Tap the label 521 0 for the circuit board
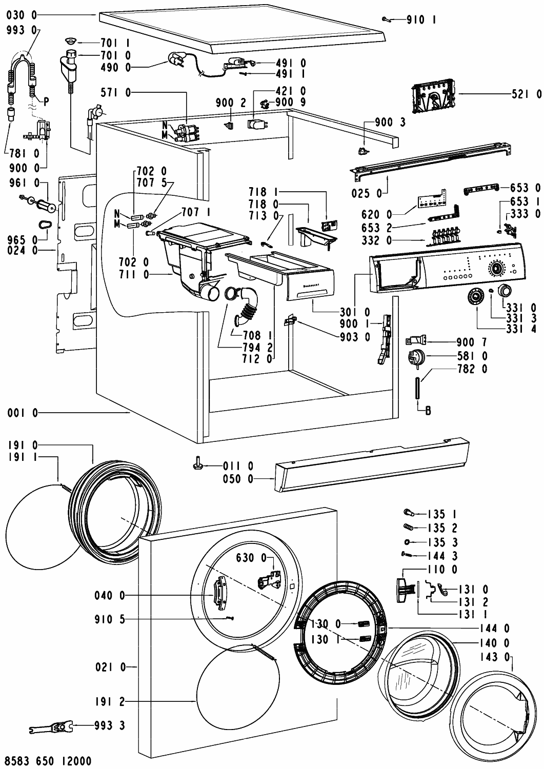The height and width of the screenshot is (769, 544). (526, 94)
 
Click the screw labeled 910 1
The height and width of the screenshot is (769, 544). (388, 19)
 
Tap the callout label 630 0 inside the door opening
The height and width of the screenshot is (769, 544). (251, 557)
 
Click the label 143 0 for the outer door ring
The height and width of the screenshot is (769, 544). (496, 657)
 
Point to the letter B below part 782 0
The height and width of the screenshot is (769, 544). (428, 410)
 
